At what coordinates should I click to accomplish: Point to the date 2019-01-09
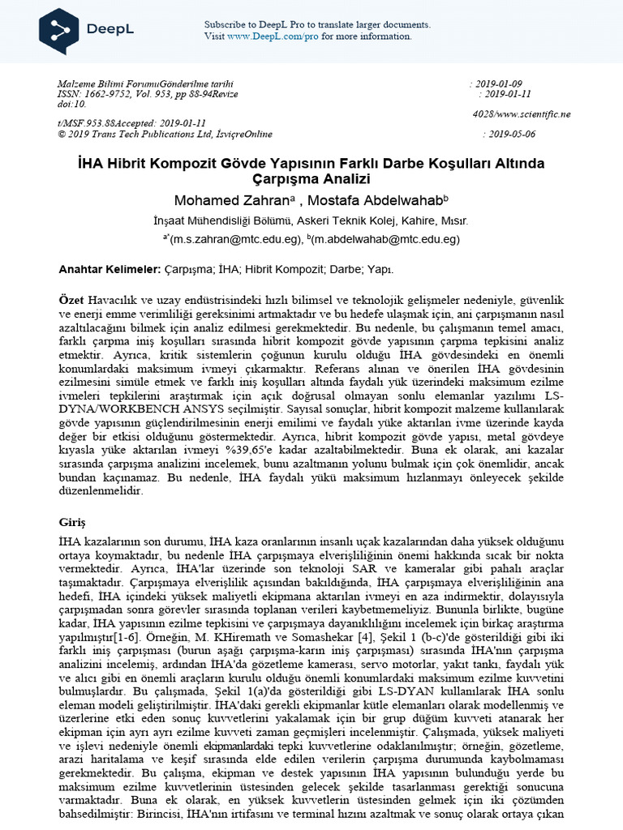pyautogui.click(x=498, y=84)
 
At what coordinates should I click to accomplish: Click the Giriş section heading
pyautogui.click(x=72, y=521)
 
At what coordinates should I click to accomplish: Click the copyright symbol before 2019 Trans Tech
pyautogui.click(x=62, y=134)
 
